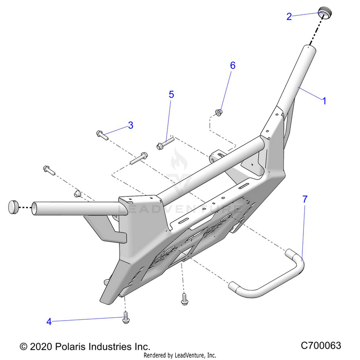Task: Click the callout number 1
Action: tap(324, 101)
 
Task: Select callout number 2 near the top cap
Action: tap(289, 16)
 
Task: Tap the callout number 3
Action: tap(130, 126)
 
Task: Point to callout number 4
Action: tap(48, 322)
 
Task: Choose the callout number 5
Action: tap(171, 95)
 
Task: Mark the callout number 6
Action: tap(233, 65)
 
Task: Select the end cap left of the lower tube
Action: tap(12, 207)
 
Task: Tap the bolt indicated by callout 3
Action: tap(103, 134)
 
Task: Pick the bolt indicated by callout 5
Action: tap(164, 144)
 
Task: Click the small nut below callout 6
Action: tap(219, 112)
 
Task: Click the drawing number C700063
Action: tap(321, 346)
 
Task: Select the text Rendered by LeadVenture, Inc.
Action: tap(180, 356)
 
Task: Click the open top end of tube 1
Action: tap(308, 48)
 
